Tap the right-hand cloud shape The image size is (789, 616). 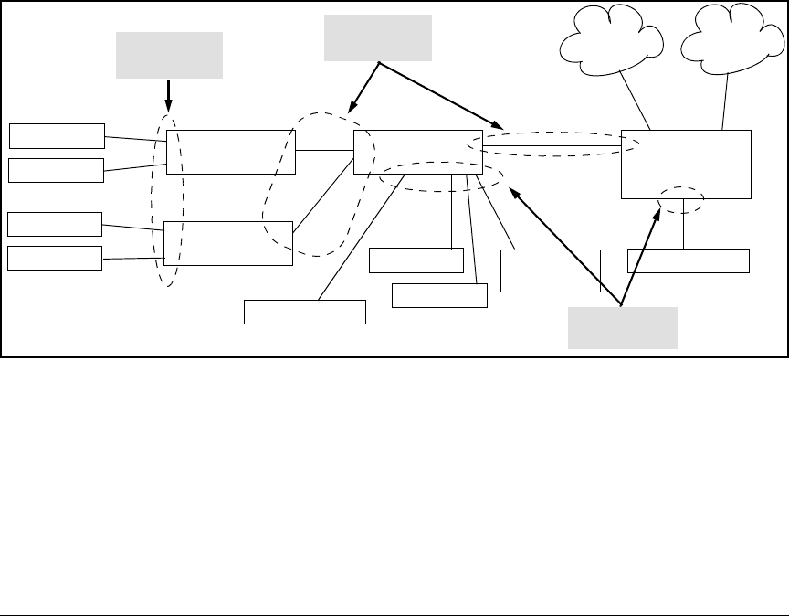coord(731,41)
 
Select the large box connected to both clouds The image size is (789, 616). coord(686,165)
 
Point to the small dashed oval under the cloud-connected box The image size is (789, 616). coord(682,200)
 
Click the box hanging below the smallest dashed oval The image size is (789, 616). coord(688,260)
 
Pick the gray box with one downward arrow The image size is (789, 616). coord(169,55)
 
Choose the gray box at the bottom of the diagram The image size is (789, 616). coord(622,327)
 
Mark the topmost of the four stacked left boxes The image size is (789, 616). coord(57,135)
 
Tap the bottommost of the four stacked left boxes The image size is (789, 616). coord(55,259)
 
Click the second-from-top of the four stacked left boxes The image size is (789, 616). coord(57,169)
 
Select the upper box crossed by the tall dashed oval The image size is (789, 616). coord(231,152)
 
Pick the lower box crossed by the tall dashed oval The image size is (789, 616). coord(228,242)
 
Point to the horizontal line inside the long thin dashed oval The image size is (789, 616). coord(552,145)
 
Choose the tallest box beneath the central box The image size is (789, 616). coord(552,270)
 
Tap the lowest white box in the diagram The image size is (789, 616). coord(304,312)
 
